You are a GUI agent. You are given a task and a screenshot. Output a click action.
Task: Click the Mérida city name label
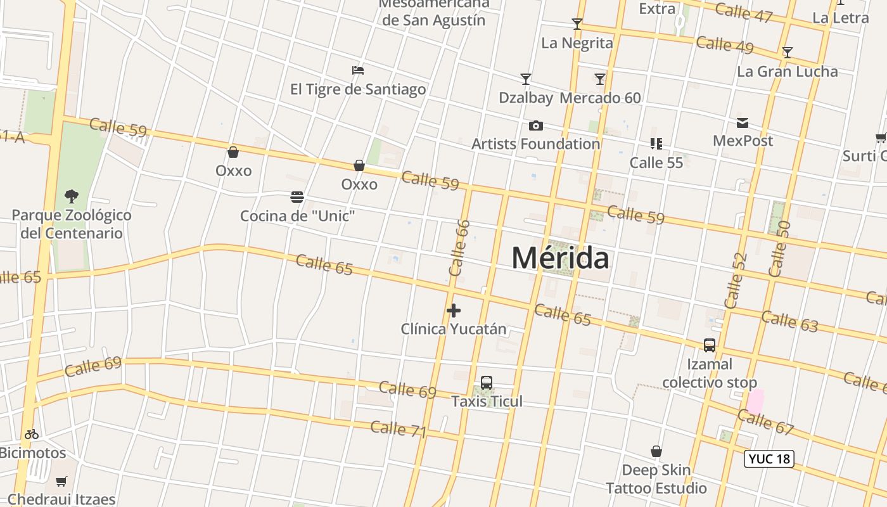point(561,258)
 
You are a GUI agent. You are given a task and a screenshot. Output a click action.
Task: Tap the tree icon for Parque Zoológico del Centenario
point(72,196)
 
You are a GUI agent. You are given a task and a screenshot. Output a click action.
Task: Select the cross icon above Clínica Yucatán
point(454,311)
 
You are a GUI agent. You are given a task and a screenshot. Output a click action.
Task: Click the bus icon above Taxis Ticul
point(487,383)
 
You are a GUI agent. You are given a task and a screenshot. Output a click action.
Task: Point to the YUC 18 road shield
point(769,459)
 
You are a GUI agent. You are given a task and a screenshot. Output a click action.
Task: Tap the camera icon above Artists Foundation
point(536,125)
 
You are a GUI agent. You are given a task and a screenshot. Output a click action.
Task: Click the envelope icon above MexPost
point(743,122)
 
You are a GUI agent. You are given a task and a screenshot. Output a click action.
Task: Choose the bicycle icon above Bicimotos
point(32,435)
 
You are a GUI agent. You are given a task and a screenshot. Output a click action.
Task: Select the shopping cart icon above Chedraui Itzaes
point(61,482)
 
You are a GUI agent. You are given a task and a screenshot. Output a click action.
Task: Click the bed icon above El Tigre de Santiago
point(358,70)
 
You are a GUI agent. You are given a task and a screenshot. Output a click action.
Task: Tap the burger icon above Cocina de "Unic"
point(297,197)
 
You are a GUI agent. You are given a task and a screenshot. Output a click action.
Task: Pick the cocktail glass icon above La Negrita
point(577,24)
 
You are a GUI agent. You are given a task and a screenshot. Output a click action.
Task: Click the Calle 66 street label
point(459,248)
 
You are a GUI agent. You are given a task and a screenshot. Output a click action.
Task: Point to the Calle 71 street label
point(399,429)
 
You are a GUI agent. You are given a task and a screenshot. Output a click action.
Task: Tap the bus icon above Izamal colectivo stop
point(710,345)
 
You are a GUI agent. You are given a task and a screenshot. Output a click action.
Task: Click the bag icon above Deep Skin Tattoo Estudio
point(656,452)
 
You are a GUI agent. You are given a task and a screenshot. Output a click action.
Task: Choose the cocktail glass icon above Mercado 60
point(600,79)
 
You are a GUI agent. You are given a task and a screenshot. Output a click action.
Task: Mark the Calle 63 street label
point(789,321)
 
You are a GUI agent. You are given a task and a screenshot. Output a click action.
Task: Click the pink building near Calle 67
point(755,402)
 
